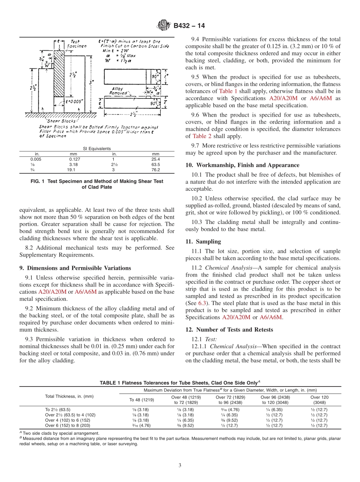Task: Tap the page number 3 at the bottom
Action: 180,465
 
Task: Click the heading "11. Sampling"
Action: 203,241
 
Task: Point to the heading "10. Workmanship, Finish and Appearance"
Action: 242,165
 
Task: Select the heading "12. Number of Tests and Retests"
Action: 229,329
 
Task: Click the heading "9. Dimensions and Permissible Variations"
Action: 75,268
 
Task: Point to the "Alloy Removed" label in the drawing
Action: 119,91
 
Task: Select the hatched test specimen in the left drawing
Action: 58,76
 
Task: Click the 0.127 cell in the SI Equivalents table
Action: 74,160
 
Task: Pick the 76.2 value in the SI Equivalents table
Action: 155,170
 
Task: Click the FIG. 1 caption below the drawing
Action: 97,184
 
